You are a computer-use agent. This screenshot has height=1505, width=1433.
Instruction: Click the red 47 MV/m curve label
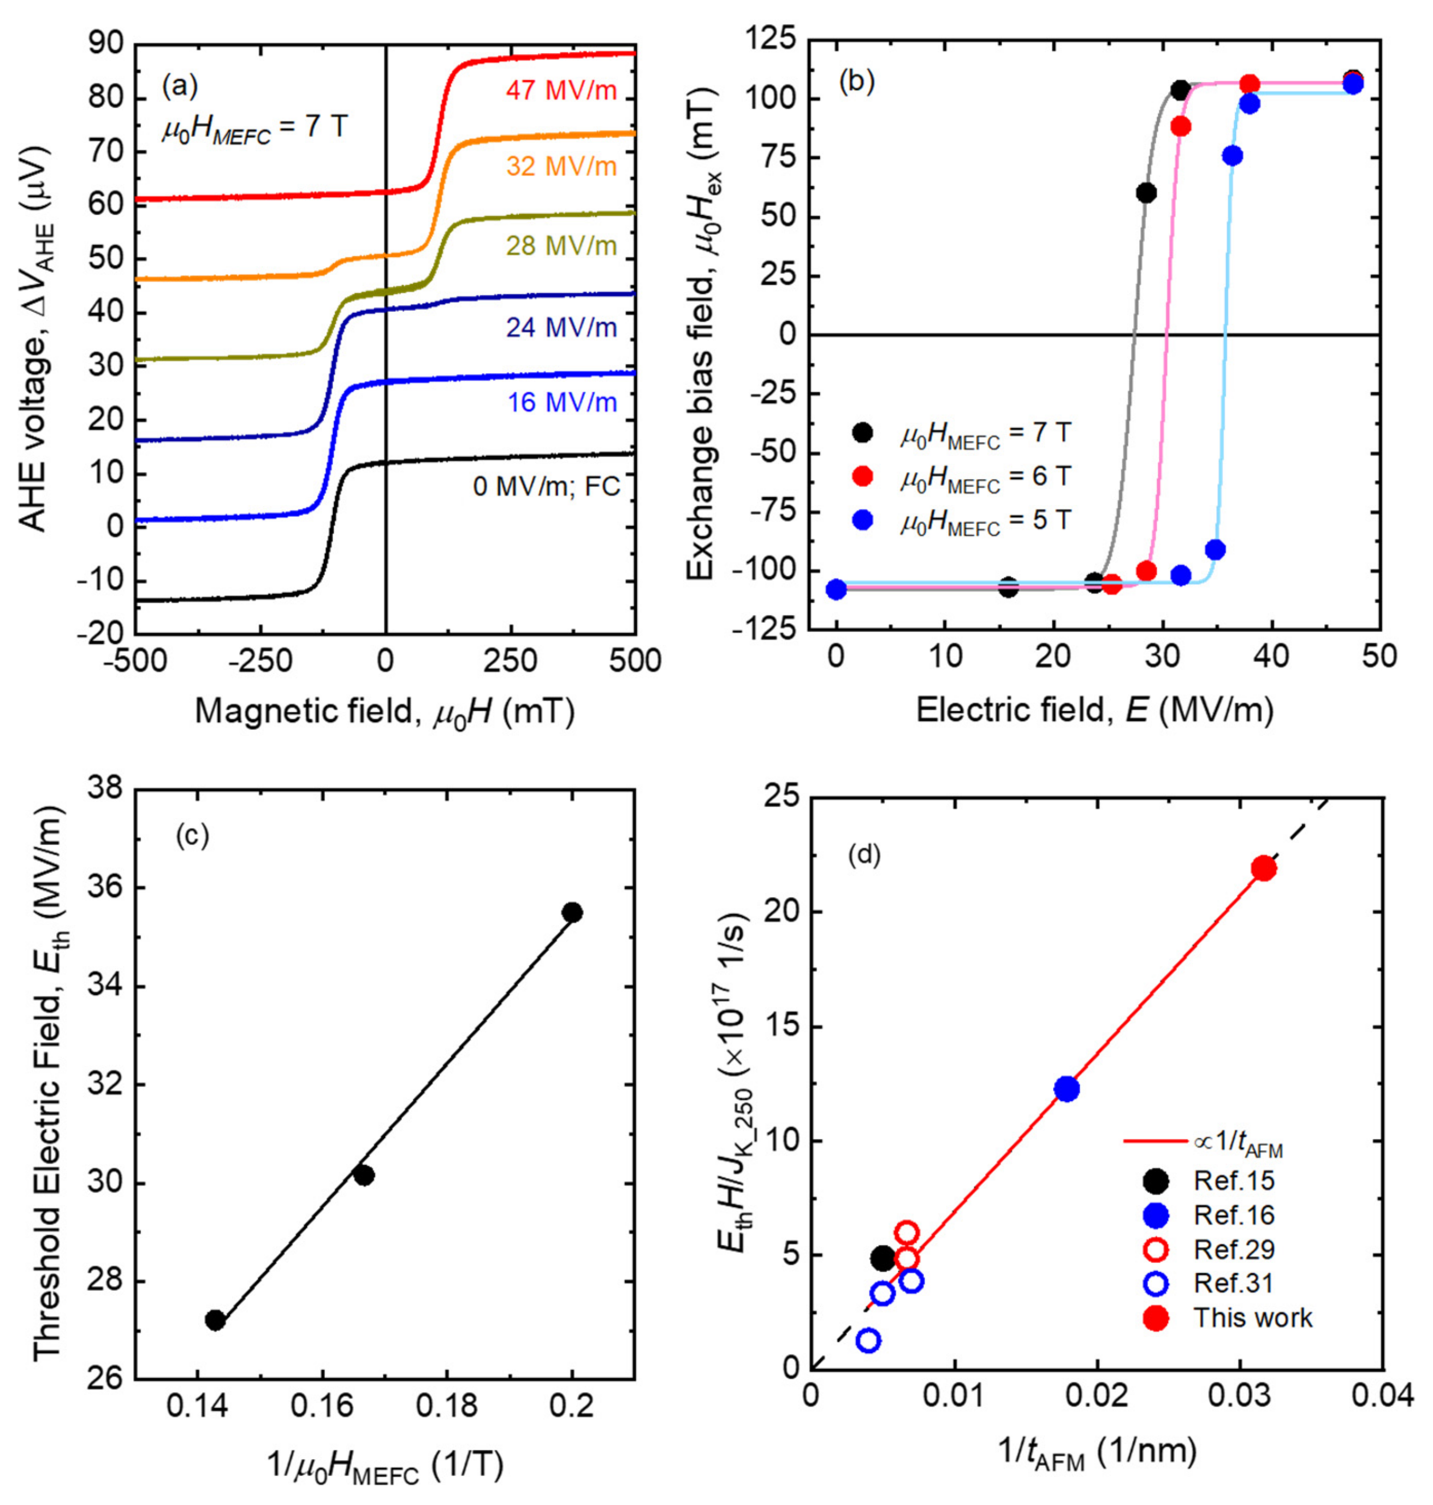point(561,91)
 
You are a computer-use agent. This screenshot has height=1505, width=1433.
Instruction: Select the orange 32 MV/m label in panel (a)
point(561,166)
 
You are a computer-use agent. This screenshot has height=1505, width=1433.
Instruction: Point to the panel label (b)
point(856,82)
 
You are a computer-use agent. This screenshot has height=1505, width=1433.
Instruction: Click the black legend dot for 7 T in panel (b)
point(862,433)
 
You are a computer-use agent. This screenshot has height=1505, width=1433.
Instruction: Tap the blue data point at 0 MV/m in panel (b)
point(837,589)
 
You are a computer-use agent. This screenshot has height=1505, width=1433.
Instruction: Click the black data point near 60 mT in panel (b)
point(1146,193)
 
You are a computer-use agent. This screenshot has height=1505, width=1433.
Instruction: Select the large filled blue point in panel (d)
point(1067,1089)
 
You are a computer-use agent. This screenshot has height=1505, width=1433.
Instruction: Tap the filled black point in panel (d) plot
point(883,1258)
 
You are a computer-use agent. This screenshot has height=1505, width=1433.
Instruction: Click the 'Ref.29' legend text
point(1234,1249)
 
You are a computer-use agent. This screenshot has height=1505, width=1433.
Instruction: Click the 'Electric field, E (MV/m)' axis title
point(1094,711)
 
